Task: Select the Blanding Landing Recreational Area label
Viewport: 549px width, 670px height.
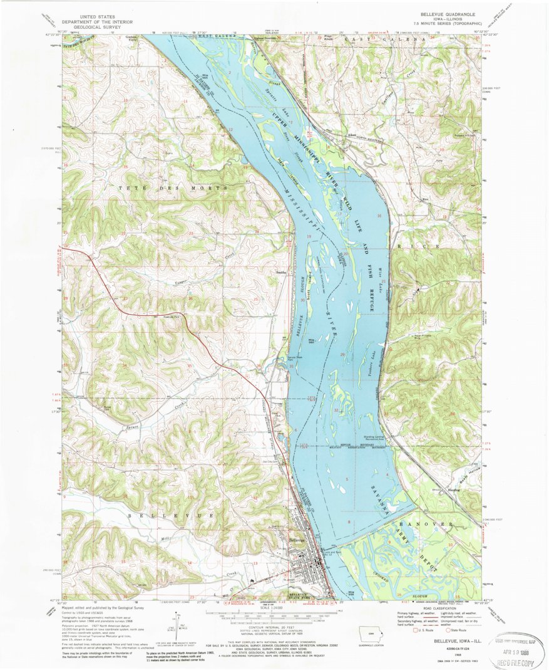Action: [374, 439]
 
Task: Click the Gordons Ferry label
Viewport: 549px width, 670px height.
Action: [130, 38]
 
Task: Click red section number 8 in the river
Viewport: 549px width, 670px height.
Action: [349, 521]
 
